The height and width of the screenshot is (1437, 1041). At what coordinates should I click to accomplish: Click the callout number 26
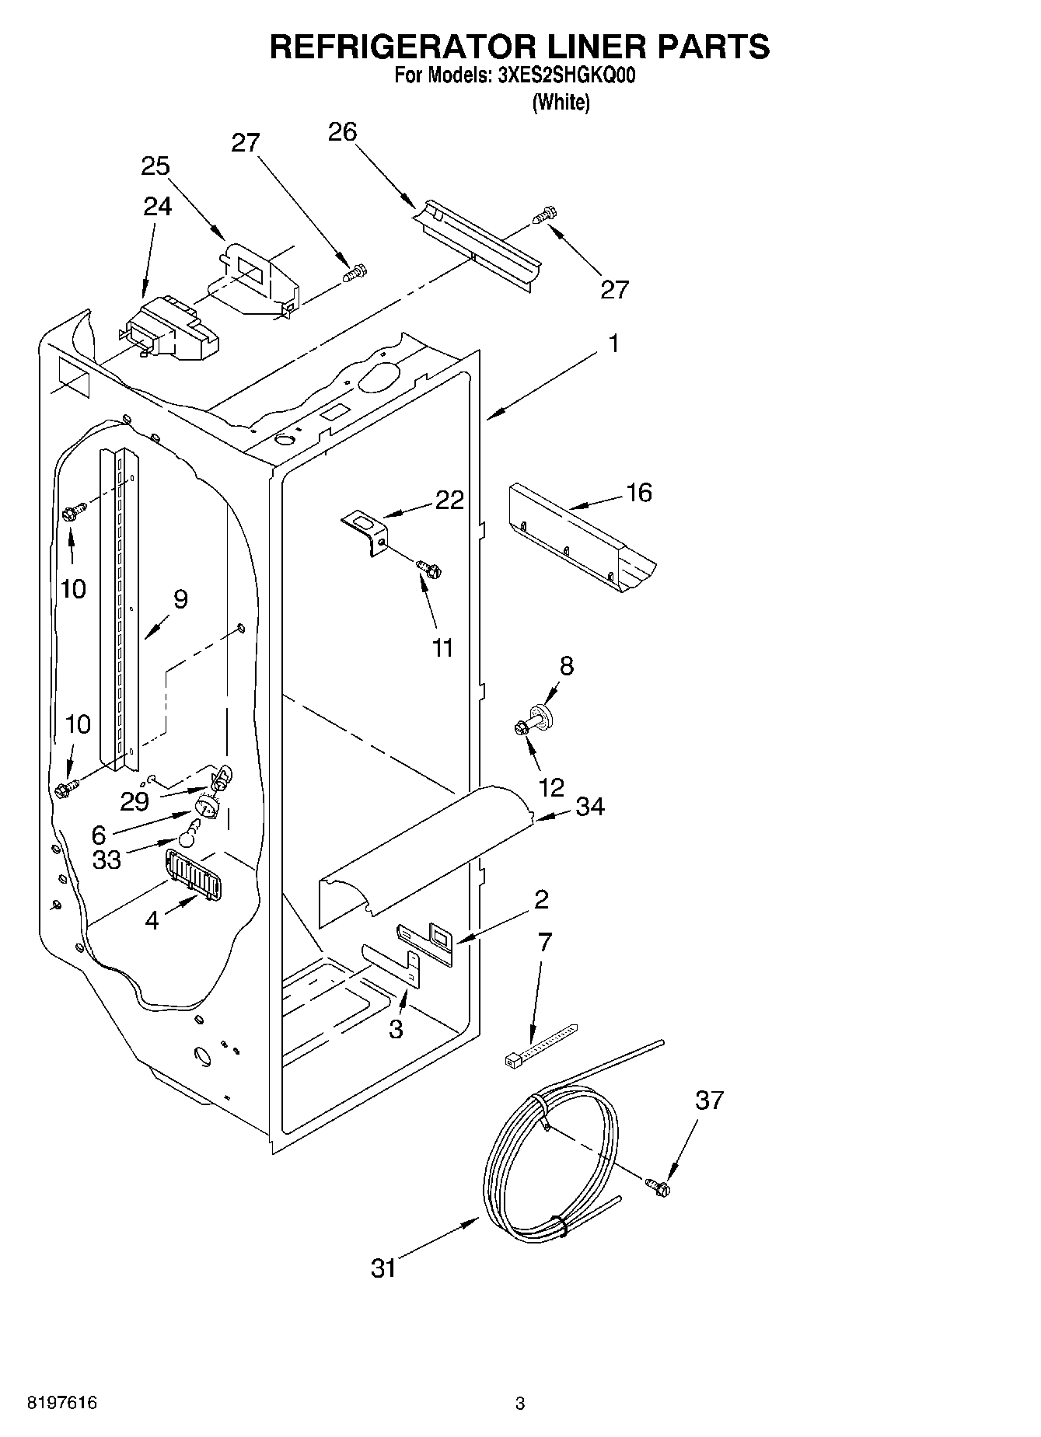(342, 132)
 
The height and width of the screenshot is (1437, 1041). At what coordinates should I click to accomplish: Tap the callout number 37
(709, 1100)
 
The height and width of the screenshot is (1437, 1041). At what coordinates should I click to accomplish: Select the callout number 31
(384, 1268)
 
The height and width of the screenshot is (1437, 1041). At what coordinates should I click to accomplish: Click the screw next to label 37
(658, 1187)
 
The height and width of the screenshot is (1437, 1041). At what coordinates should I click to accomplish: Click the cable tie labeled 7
(540, 1045)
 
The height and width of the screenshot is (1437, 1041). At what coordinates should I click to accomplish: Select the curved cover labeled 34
(426, 855)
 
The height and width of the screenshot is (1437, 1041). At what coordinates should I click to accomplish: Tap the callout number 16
(639, 493)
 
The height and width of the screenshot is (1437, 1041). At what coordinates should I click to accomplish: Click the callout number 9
(180, 599)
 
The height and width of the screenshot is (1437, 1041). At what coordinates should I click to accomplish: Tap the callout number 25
(155, 166)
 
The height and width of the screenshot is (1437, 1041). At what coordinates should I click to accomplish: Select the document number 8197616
(62, 1403)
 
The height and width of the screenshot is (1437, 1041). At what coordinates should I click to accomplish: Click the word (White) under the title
(561, 102)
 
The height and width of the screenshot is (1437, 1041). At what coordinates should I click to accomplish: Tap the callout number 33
(107, 860)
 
